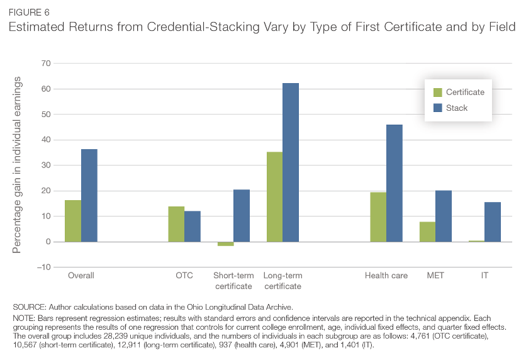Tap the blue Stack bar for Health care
click(394, 183)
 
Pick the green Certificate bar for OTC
click(176, 224)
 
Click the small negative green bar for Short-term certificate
click(226, 244)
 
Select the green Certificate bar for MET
click(427, 232)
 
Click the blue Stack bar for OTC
click(193, 226)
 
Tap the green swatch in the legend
click(437, 92)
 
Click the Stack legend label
click(457, 108)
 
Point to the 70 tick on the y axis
click(45, 64)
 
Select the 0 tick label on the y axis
click(47, 242)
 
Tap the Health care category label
click(386, 276)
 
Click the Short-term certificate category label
click(233, 281)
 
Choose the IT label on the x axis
click(485, 276)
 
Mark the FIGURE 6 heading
click(28, 12)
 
